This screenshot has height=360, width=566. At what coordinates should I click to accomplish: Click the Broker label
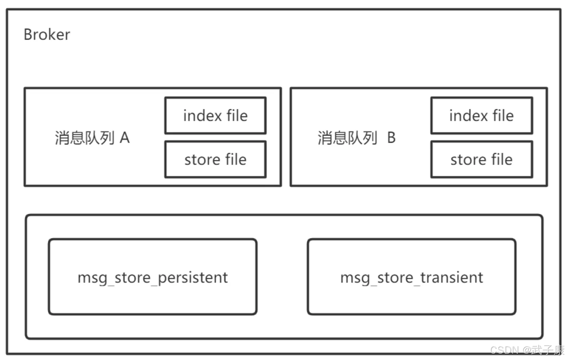tap(46, 35)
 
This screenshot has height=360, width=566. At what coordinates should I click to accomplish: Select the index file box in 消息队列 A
tap(215, 116)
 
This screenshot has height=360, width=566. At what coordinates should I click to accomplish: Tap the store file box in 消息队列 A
tap(215, 160)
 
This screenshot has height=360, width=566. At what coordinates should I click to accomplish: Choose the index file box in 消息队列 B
tap(482, 116)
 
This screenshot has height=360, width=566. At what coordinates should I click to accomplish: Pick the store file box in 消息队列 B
tap(482, 160)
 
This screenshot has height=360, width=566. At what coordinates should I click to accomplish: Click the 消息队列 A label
tap(92, 138)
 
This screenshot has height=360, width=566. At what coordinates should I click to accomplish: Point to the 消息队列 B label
tap(356, 138)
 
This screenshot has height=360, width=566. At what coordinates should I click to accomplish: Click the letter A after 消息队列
tap(125, 138)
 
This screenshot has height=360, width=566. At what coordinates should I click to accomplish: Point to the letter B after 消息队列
tap(391, 138)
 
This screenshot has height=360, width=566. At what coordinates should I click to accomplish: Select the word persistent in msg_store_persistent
tap(193, 278)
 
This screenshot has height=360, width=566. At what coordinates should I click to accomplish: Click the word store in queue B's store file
tap(467, 160)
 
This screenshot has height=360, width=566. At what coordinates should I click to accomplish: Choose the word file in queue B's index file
tap(503, 116)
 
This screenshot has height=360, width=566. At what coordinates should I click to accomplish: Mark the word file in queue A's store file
tap(236, 160)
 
